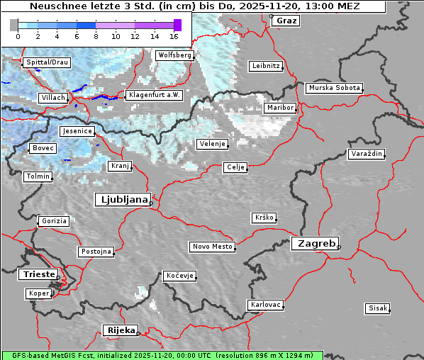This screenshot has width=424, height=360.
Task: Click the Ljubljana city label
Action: click(122, 200)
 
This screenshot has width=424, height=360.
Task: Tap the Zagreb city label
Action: click(314, 243)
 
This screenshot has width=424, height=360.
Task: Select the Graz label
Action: click(286, 21)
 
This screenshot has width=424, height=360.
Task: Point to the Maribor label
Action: click(279, 108)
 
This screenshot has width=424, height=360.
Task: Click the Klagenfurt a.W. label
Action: click(154, 95)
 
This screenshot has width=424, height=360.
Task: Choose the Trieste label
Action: click(38, 274)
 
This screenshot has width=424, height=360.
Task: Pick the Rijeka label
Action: click(121, 330)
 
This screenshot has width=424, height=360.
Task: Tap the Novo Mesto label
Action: click(212, 247)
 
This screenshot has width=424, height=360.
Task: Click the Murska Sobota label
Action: click(335, 88)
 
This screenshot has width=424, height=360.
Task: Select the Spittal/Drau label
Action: click(47, 62)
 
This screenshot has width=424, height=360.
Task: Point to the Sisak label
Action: click(377, 308)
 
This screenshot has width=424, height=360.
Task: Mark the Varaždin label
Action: click(367, 154)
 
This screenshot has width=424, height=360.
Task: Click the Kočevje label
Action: click(179, 276)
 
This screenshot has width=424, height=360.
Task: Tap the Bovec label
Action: click(43, 148)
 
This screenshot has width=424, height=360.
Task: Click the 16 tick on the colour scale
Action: click(174, 35)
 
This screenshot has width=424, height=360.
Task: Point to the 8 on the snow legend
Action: click(96, 35)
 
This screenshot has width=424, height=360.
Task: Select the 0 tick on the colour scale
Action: click(18, 35)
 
